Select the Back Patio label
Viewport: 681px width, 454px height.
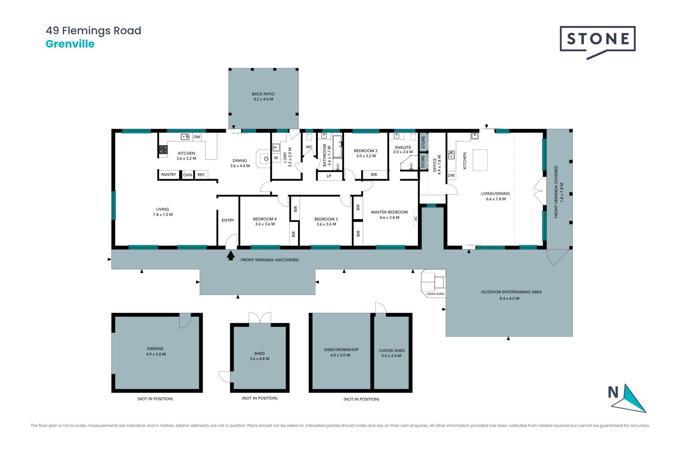263,96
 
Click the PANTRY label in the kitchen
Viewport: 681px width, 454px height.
168,175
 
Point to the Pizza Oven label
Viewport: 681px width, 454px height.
436,294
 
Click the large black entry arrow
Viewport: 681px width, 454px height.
231,255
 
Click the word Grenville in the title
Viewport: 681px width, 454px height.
70,44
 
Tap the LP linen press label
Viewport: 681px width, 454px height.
329,176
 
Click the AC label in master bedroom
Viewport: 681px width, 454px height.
416,218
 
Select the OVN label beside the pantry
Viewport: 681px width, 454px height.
188,175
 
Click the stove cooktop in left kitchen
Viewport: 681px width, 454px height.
163,150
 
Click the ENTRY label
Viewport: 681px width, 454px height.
228,220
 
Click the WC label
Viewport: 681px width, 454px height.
309,147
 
